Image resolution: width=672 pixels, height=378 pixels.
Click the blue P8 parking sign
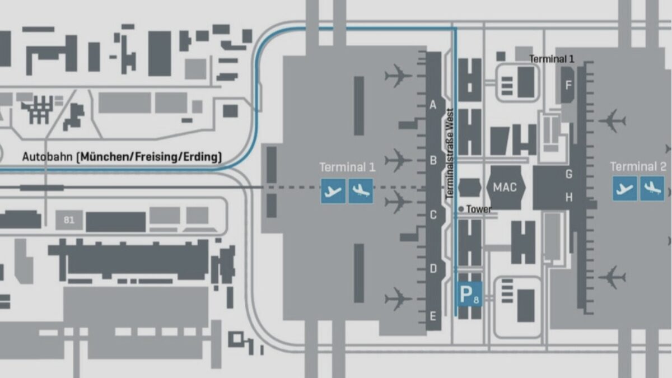coord(469,295)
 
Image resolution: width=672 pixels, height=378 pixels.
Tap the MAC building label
coord(505,188)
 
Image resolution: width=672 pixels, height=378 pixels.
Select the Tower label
coord(479,209)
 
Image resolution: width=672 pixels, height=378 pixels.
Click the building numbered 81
coord(69,220)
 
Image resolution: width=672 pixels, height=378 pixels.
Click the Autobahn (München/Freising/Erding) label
coord(122,157)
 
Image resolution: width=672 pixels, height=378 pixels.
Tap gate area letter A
coord(433,105)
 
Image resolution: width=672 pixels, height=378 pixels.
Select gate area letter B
coord(433,161)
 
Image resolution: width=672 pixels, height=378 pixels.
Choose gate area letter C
coord(433,215)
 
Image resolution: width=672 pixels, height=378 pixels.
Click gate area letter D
coord(433,268)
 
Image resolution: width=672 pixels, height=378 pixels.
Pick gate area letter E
coord(433,316)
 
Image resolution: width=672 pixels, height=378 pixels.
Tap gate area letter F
coord(568,86)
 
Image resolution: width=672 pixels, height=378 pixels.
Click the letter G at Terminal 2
coord(569,174)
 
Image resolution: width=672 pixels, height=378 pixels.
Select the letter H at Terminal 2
coord(569,197)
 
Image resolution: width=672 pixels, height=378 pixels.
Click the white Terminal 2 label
coord(638,166)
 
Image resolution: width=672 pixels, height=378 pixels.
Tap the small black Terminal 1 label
coord(552,59)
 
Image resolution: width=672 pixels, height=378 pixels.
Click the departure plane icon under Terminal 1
coord(333,191)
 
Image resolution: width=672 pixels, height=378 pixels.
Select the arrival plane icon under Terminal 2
coord(652,188)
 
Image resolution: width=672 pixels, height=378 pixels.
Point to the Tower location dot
coord(461,209)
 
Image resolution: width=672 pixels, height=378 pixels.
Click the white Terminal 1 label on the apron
coord(347,167)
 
